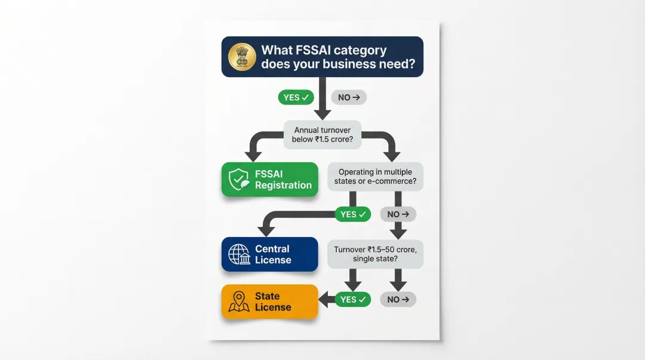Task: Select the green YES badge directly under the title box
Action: (x=296, y=97)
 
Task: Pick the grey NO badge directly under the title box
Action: (x=349, y=97)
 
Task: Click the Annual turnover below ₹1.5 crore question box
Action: (x=323, y=134)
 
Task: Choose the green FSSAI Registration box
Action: (x=269, y=179)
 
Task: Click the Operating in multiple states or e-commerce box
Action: (x=376, y=177)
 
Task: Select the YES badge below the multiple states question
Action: (x=352, y=214)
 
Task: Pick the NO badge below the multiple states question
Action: (x=398, y=214)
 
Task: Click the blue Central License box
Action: (x=269, y=254)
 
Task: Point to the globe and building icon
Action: (x=239, y=255)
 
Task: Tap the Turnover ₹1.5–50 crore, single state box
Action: (x=376, y=254)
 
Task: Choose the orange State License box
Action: (x=269, y=301)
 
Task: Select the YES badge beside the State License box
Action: (x=352, y=300)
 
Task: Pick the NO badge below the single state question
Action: (x=398, y=300)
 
